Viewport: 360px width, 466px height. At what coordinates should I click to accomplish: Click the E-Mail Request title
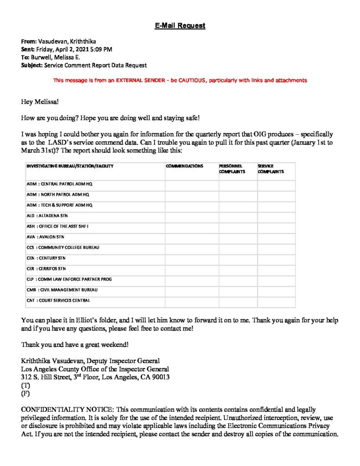[180, 25]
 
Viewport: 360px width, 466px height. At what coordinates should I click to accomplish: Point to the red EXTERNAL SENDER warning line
[180, 80]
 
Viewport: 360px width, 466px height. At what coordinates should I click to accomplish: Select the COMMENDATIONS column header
[184, 166]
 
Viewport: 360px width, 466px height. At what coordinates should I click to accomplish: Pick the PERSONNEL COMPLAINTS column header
[232, 169]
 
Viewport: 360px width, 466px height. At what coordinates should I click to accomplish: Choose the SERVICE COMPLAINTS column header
[271, 169]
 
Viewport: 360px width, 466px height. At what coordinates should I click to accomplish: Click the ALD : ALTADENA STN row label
[47, 216]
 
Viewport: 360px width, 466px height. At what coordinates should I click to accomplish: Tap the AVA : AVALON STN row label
[46, 237]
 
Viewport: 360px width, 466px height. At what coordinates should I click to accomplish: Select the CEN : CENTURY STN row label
[46, 258]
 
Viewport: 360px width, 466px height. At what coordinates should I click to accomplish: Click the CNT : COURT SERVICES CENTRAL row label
[58, 300]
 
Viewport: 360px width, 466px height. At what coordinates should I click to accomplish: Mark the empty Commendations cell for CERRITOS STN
[192, 268]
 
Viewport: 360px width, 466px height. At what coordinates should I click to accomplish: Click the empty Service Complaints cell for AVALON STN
[276, 237]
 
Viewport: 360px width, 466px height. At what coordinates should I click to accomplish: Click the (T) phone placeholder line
[25, 385]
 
